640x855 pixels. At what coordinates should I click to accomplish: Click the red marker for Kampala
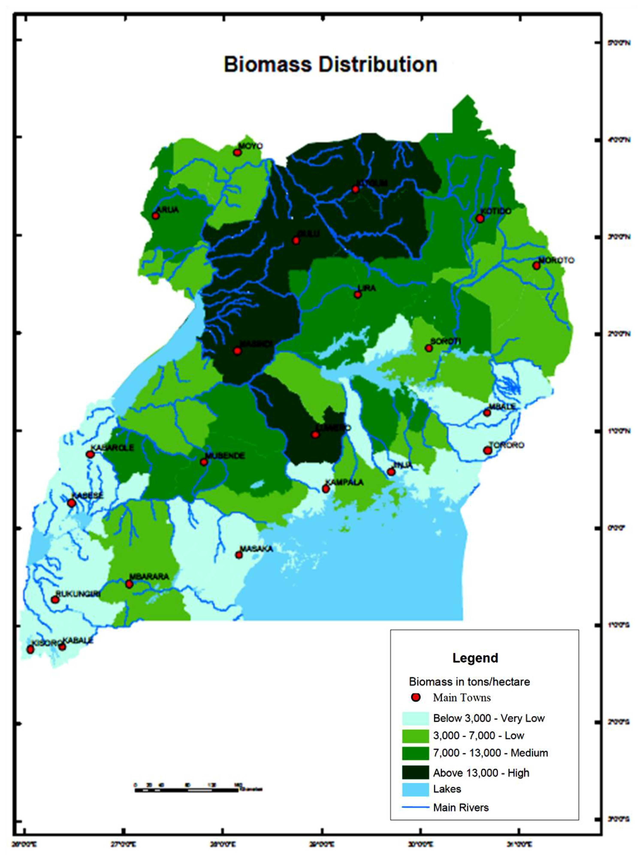pyautogui.click(x=326, y=489)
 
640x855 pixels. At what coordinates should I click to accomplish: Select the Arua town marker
pyautogui.click(x=155, y=216)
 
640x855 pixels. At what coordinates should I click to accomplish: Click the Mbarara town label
pyautogui.click(x=149, y=577)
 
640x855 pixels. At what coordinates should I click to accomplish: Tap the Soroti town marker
pyautogui.click(x=429, y=348)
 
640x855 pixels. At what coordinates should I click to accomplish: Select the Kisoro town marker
pyautogui.click(x=30, y=649)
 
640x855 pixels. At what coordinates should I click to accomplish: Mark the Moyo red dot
pyautogui.click(x=237, y=152)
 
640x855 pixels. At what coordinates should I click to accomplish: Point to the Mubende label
pyautogui.click(x=225, y=456)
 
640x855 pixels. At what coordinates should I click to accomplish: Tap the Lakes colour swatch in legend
pyautogui.click(x=415, y=789)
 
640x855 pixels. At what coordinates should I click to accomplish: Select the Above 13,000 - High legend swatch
pyautogui.click(x=415, y=772)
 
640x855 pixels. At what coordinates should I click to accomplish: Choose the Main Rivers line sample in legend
pyautogui.click(x=415, y=807)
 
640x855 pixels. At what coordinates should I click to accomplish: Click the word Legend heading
pyautogui.click(x=475, y=658)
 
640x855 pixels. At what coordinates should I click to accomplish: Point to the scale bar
pyautogui.click(x=186, y=790)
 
